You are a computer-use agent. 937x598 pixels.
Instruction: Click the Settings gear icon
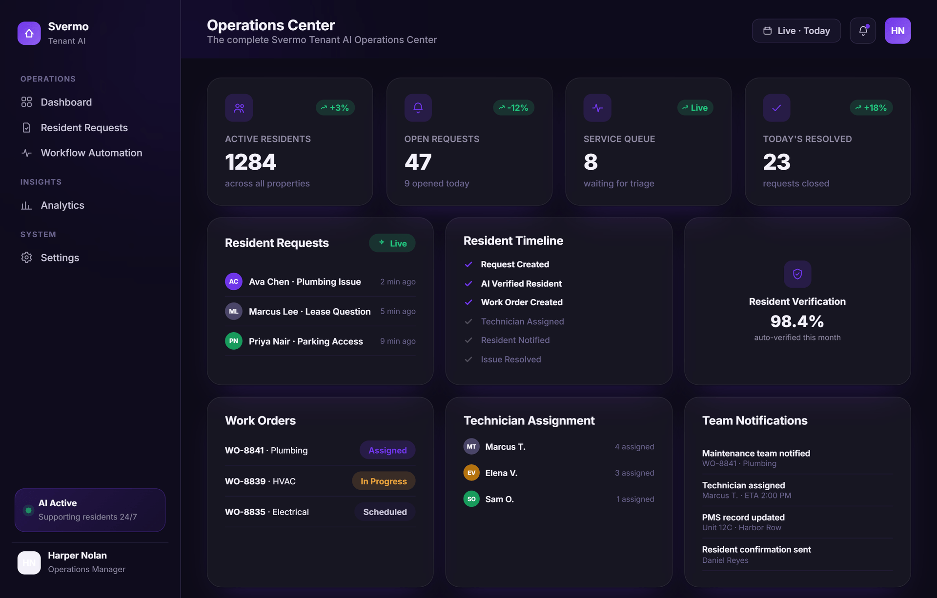click(x=26, y=258)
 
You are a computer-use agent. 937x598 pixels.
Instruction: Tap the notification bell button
click(x=863, y=31)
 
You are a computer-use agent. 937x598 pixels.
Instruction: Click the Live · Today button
click(x=796, y=31)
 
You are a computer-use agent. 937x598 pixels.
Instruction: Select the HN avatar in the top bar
click(x=897, y=31)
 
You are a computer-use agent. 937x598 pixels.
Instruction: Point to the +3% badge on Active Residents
click(x=335, y=108)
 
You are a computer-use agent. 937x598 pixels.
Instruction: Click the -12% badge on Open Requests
click(x=513, y=108)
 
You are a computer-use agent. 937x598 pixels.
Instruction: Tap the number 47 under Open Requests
click(x=418, y=162)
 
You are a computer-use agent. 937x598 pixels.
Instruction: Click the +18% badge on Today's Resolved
click(x=871, y=108)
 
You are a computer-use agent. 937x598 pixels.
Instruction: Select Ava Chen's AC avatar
click(x=234, y=281)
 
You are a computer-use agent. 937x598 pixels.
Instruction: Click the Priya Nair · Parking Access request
click(x=306, y=341)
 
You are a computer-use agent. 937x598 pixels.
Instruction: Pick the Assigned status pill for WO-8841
click(x=387, y=450)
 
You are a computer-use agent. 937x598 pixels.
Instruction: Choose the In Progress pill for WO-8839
click(x=384, y=481)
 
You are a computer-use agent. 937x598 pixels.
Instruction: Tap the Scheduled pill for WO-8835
click(x=385, y=512)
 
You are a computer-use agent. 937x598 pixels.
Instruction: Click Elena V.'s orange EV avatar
click(x=471, y=473)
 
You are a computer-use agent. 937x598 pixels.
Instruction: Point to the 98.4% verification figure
click(x=797, y=321)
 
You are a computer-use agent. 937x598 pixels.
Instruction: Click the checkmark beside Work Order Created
click(x=468, y=302)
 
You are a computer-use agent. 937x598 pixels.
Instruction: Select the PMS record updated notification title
click(x=743, y=518)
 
